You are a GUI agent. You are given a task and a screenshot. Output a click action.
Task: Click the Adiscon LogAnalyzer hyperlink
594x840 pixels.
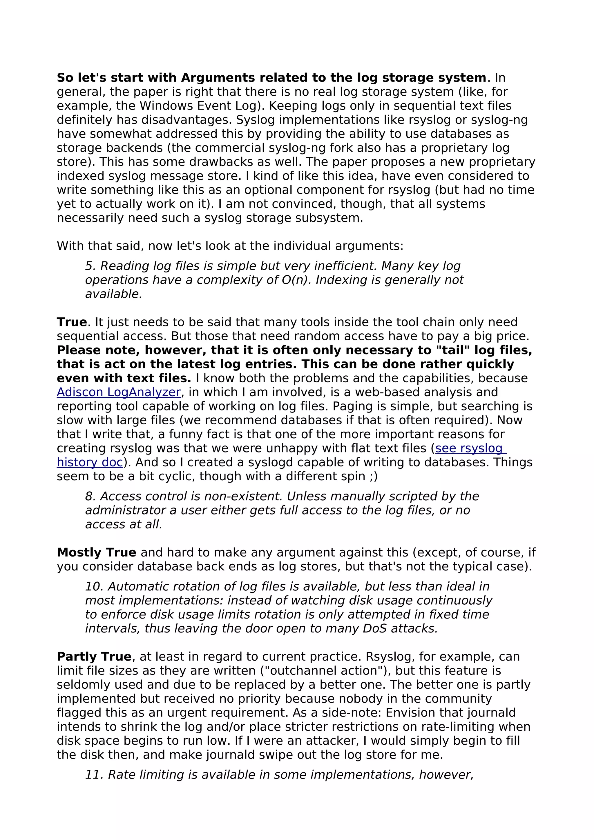click(x=119, y=392)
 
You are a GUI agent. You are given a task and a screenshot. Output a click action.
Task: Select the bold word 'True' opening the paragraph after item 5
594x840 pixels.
click(x=72, y=322)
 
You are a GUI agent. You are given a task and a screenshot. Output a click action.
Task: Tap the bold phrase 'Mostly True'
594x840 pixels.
click(x=96, y=552)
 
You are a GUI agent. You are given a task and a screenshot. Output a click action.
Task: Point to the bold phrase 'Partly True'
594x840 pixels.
click(x=94, y=657)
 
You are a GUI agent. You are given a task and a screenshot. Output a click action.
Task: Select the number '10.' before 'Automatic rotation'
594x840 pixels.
click(x=94, y=586)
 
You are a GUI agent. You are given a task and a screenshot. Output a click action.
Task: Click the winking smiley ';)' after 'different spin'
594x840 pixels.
click(x=374, y=476)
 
